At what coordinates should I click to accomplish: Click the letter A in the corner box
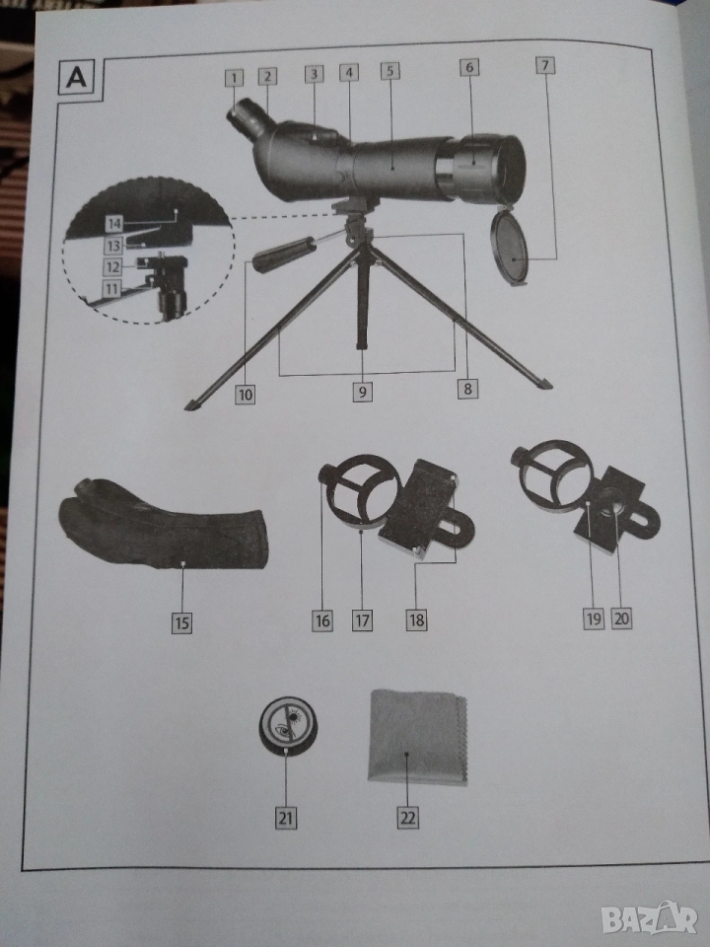tap(76, 77)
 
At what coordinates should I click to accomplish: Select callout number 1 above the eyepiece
tap(235, 78)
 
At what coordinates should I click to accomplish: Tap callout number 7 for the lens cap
tap(545, 65)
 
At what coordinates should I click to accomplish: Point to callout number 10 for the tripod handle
tap(245, 395)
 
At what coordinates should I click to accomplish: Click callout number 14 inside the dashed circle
tap(114, 224)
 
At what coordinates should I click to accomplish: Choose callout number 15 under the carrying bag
tap(181, 622)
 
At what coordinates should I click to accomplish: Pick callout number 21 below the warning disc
tap(286, 819)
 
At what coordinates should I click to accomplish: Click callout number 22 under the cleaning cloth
tap(408, 819)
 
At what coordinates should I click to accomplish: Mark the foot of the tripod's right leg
tap(544, 384)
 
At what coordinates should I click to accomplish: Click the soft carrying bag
tap(162, 524)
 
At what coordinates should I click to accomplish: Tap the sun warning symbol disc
tap(288, 724)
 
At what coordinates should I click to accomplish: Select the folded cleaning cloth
tap(418, 737)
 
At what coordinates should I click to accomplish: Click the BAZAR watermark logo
tap(649, 919)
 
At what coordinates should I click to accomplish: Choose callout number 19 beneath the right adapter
tap(594, 619)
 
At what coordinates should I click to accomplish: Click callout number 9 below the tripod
tap(362, 392)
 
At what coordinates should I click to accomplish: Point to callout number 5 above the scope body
tap(390, 71)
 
